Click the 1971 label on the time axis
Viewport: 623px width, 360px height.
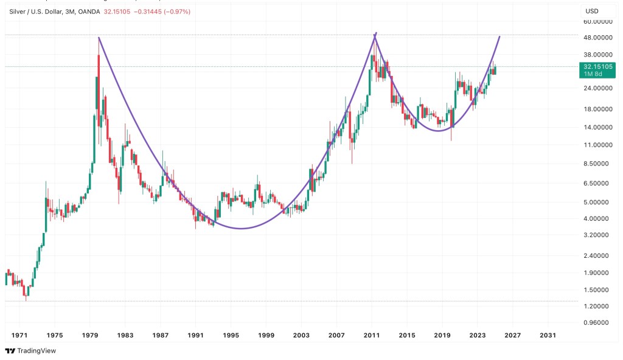tap(19, 334)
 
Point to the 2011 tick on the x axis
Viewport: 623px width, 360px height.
tap(372, 334)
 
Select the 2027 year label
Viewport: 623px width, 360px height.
tap(512, 334)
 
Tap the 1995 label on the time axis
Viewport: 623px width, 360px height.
tap(231, 334)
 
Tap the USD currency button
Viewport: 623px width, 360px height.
tap(592, 11)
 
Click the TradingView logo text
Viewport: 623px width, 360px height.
tap(34, 351)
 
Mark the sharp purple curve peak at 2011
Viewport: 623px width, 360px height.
tap(376, 33)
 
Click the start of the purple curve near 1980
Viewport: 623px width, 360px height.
tap(99, 38)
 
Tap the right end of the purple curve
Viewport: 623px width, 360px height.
tap(499, 36)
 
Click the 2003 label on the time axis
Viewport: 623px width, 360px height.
tap(301, 334)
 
